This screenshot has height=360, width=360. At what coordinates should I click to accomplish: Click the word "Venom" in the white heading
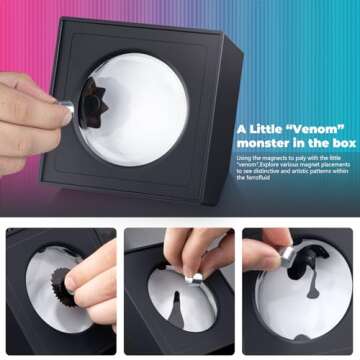(x=318, y=130)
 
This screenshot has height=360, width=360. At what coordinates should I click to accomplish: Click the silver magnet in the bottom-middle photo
(x=196, y=279)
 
